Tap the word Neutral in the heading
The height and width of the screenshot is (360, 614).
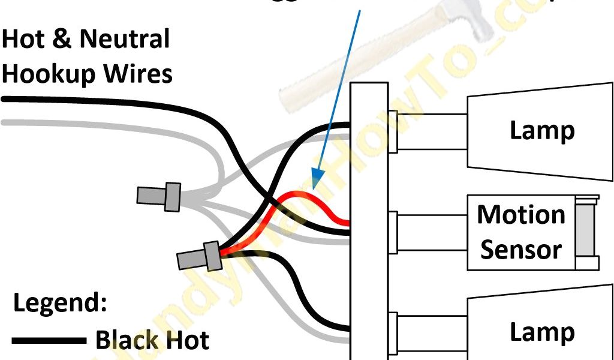[x=125, y=40]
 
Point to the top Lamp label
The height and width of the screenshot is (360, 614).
[x=542, y=131]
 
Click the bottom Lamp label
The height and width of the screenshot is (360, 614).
[x=542, y=332]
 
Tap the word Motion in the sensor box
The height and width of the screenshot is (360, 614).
[x=521, y=214]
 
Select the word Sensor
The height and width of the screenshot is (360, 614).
[x=521, y=250]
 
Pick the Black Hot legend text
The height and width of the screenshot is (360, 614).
[x=152, y=341]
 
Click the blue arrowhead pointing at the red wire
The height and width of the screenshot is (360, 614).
[x=316, y=176]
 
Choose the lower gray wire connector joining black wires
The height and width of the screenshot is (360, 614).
[x=198, y=258]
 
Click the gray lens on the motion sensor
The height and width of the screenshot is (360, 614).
[x=584, y=232]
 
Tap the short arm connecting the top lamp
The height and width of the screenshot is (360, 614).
[x=429, y=131]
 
